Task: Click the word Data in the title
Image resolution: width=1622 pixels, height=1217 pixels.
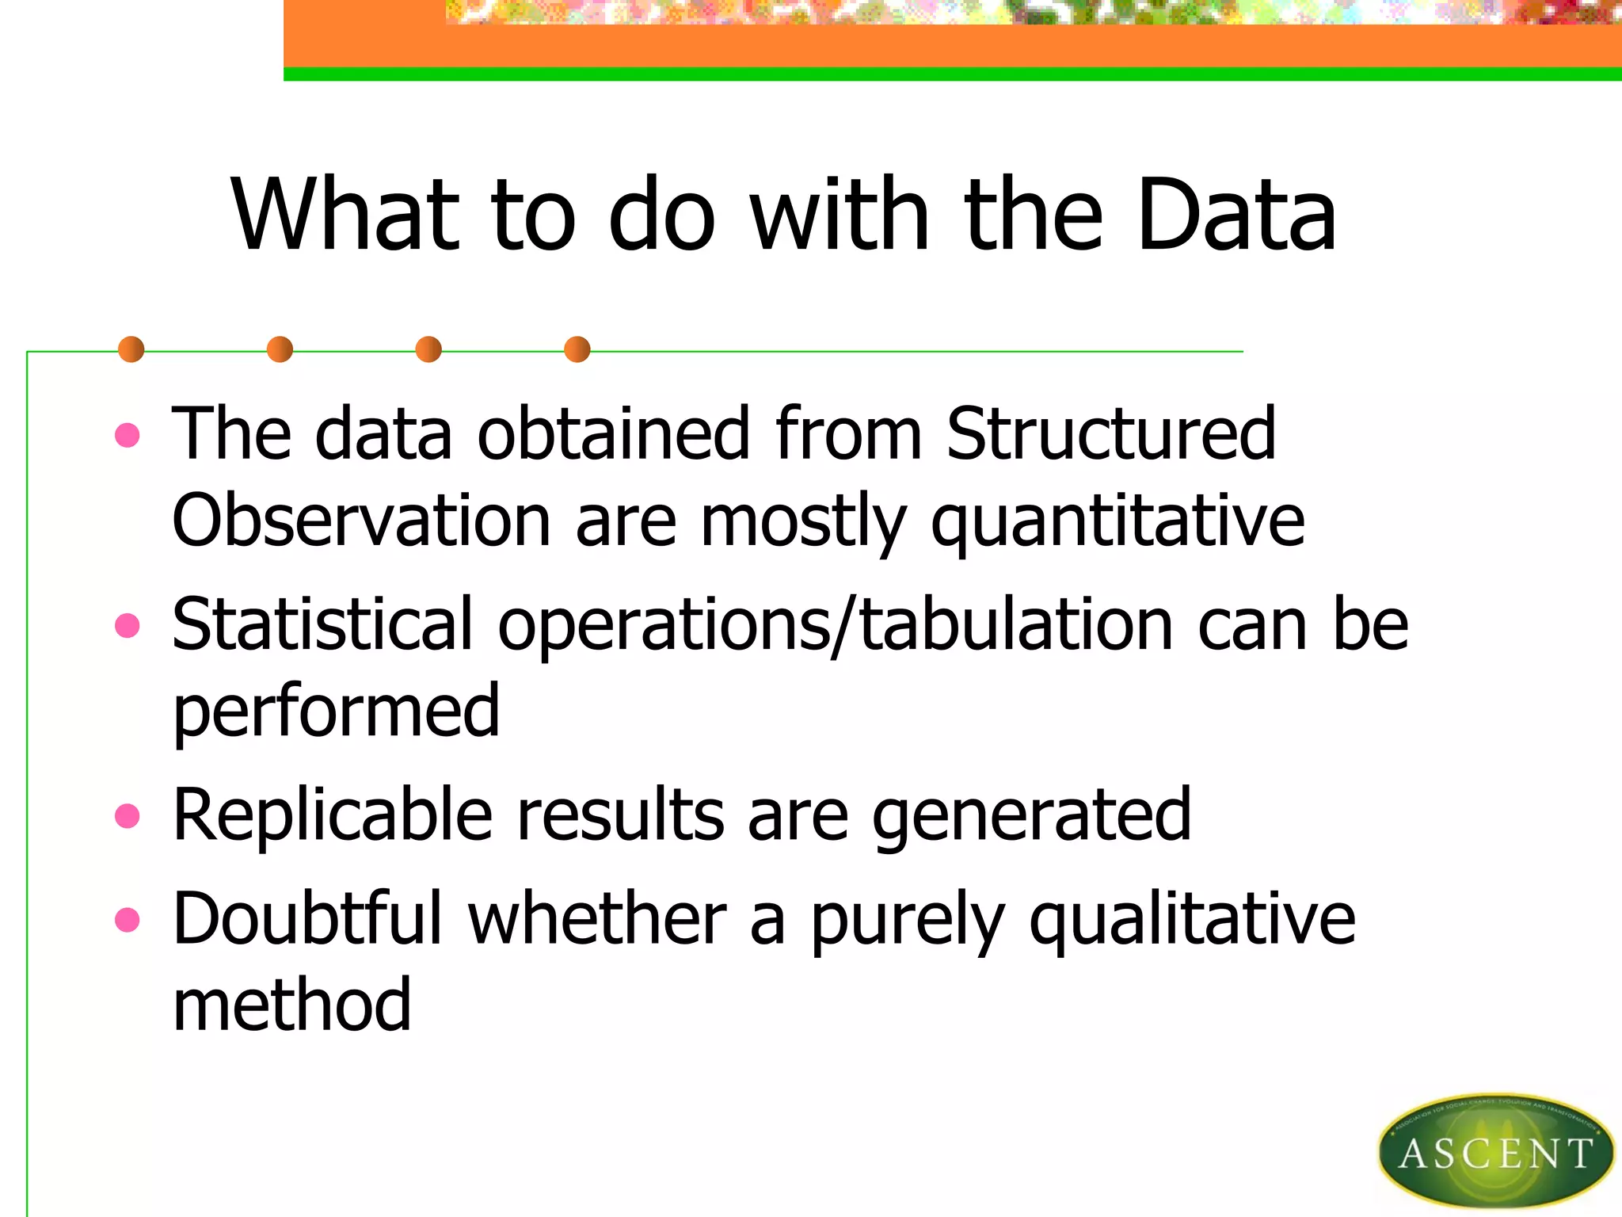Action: pyautogui.click(x=1236, y=215)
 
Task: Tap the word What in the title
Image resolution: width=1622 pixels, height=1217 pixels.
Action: pyautogui.click(x=345, y=215)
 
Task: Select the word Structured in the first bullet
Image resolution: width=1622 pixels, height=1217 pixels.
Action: pyautogui.click(x=1110, y=433)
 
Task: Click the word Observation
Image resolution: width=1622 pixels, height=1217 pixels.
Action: pyautogui.click(x=361, y=521)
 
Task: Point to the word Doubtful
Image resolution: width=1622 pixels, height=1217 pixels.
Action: pyautogui.click(x=307, y=919)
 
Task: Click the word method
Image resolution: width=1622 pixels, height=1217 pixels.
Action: pyautogui.click(x=292, y=1005)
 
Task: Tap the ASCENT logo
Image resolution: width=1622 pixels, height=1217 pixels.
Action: pyautogui.click(x=1495, y=1151)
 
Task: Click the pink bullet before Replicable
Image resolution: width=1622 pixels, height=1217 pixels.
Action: pyautogui.click(x=127, y=815)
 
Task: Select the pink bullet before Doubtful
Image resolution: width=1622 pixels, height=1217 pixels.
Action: pyautogui.click(x=127, y=920)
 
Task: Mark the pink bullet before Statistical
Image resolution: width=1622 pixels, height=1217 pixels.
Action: pyautogui.click(x=127, y=626)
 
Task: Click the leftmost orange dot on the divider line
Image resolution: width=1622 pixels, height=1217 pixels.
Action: pyautogui.click(x=131, y=349)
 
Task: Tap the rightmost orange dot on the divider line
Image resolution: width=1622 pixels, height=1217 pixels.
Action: pyautogui.click(x=577, y=349)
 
